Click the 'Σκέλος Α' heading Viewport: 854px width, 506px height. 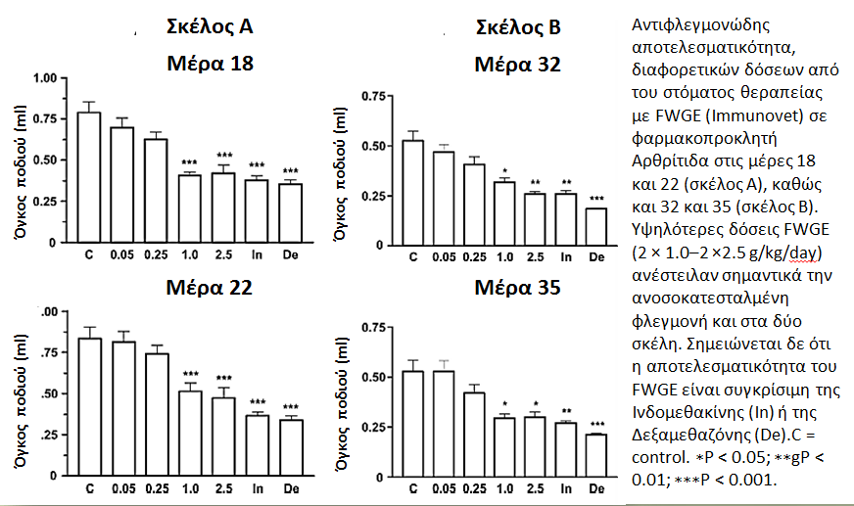click(210, 26)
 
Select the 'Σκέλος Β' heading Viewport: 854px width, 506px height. click(518, 27)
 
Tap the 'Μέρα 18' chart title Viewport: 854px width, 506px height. click(211, 63)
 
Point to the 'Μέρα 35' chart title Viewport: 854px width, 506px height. click(517, 288)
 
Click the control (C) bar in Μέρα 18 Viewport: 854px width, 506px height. click(89, 177)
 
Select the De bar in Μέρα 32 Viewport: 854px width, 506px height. click(597, 227)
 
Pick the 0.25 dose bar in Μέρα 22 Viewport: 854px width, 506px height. click(157, 415)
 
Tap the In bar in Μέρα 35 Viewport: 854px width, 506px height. click(566, 450)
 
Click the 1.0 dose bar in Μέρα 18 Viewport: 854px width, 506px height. click(190, 208)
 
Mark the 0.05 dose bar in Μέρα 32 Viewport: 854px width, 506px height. click(444, 199)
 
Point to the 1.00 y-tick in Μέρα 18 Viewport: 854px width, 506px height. click(45, 77)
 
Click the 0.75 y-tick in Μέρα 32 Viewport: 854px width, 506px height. click(373, 96)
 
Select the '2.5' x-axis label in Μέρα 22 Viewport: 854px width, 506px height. click(224, 488)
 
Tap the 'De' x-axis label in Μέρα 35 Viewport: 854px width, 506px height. click(597, 488)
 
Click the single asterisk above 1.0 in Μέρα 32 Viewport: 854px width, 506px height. click(505, 170)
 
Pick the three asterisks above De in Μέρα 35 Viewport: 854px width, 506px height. click(597, 425)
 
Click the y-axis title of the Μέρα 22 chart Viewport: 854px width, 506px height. click(21, 401)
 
